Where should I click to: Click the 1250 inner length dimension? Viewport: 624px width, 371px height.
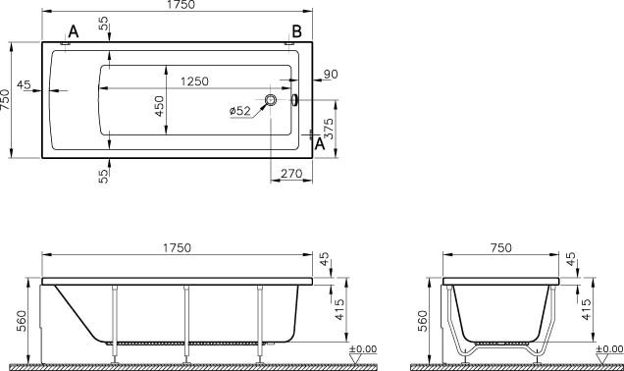click(194, 81)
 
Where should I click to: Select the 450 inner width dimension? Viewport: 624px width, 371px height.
click(159, 106)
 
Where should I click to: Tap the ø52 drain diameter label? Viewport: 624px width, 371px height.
click(240, 111)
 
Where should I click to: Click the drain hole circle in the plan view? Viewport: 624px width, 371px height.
click(271, 99)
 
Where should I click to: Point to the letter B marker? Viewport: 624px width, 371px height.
click(297, 31)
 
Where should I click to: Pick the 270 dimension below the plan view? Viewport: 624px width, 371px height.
click(291, 174)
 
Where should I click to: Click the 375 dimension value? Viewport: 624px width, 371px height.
click(329, 129)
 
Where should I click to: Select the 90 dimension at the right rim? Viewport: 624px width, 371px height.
click(331, 74)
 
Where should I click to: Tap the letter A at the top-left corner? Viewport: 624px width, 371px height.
click(74, 31)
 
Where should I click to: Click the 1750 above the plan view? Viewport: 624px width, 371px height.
click(181, 5)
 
